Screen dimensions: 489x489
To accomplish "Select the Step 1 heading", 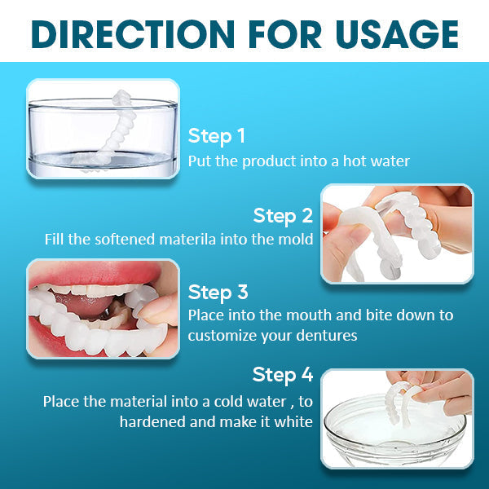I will pyautogui.click(x=217, y=135).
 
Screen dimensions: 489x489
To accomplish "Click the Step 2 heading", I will pyautogui.click(x=283, y=216).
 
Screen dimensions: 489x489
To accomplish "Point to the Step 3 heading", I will pyautogui.click(x=218, y=292).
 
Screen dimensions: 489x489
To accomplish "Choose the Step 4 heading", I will pyautogui.click(x=283, y=375).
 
